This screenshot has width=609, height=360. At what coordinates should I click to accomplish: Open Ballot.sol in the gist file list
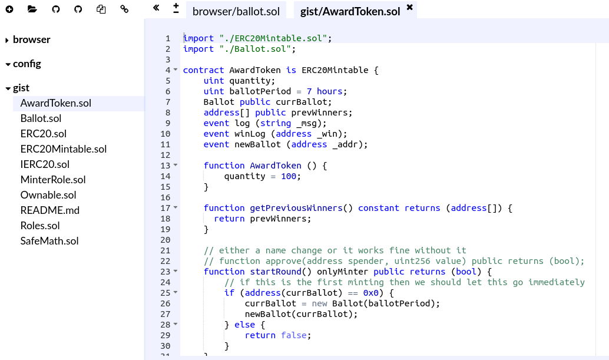41,118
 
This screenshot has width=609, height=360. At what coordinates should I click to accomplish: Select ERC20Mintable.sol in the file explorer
64,149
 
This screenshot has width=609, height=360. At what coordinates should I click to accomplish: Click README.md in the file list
50,210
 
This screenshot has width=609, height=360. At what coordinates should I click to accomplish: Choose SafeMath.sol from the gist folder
49,241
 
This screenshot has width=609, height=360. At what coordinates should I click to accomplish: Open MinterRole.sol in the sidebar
53,180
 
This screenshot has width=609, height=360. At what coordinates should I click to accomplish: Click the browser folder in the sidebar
31,39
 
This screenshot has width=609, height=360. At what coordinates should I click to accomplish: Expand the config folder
27,64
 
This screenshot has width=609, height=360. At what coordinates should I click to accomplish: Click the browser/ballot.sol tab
236,11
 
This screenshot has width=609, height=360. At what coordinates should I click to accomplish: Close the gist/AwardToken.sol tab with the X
410,8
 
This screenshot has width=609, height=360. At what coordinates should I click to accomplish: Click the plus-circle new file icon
9,9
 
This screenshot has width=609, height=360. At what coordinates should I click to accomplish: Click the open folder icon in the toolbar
32,9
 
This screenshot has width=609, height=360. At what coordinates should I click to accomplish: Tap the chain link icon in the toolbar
124,9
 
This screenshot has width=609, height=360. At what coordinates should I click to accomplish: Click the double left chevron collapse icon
156,8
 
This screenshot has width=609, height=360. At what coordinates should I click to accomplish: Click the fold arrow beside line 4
176,70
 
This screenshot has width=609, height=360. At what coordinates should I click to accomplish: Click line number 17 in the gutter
165,208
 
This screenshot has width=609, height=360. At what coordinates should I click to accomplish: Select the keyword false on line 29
293,335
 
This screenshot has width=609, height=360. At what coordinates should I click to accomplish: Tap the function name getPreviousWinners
296,208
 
